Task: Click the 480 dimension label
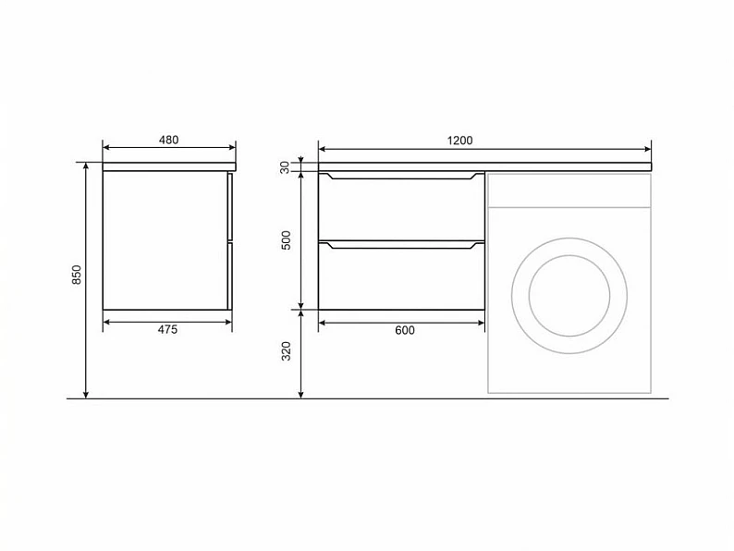click(168, 140)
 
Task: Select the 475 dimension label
click(167, 329)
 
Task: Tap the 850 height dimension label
click(77, 275)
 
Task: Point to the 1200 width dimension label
click(459, 141)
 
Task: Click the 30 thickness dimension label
click(285, 167)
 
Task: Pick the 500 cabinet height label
click(286, 240)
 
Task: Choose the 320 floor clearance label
click(286, 351)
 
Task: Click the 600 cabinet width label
click(405, 330)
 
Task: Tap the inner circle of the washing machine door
click(569, 255)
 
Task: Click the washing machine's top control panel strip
click(569, 190)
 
